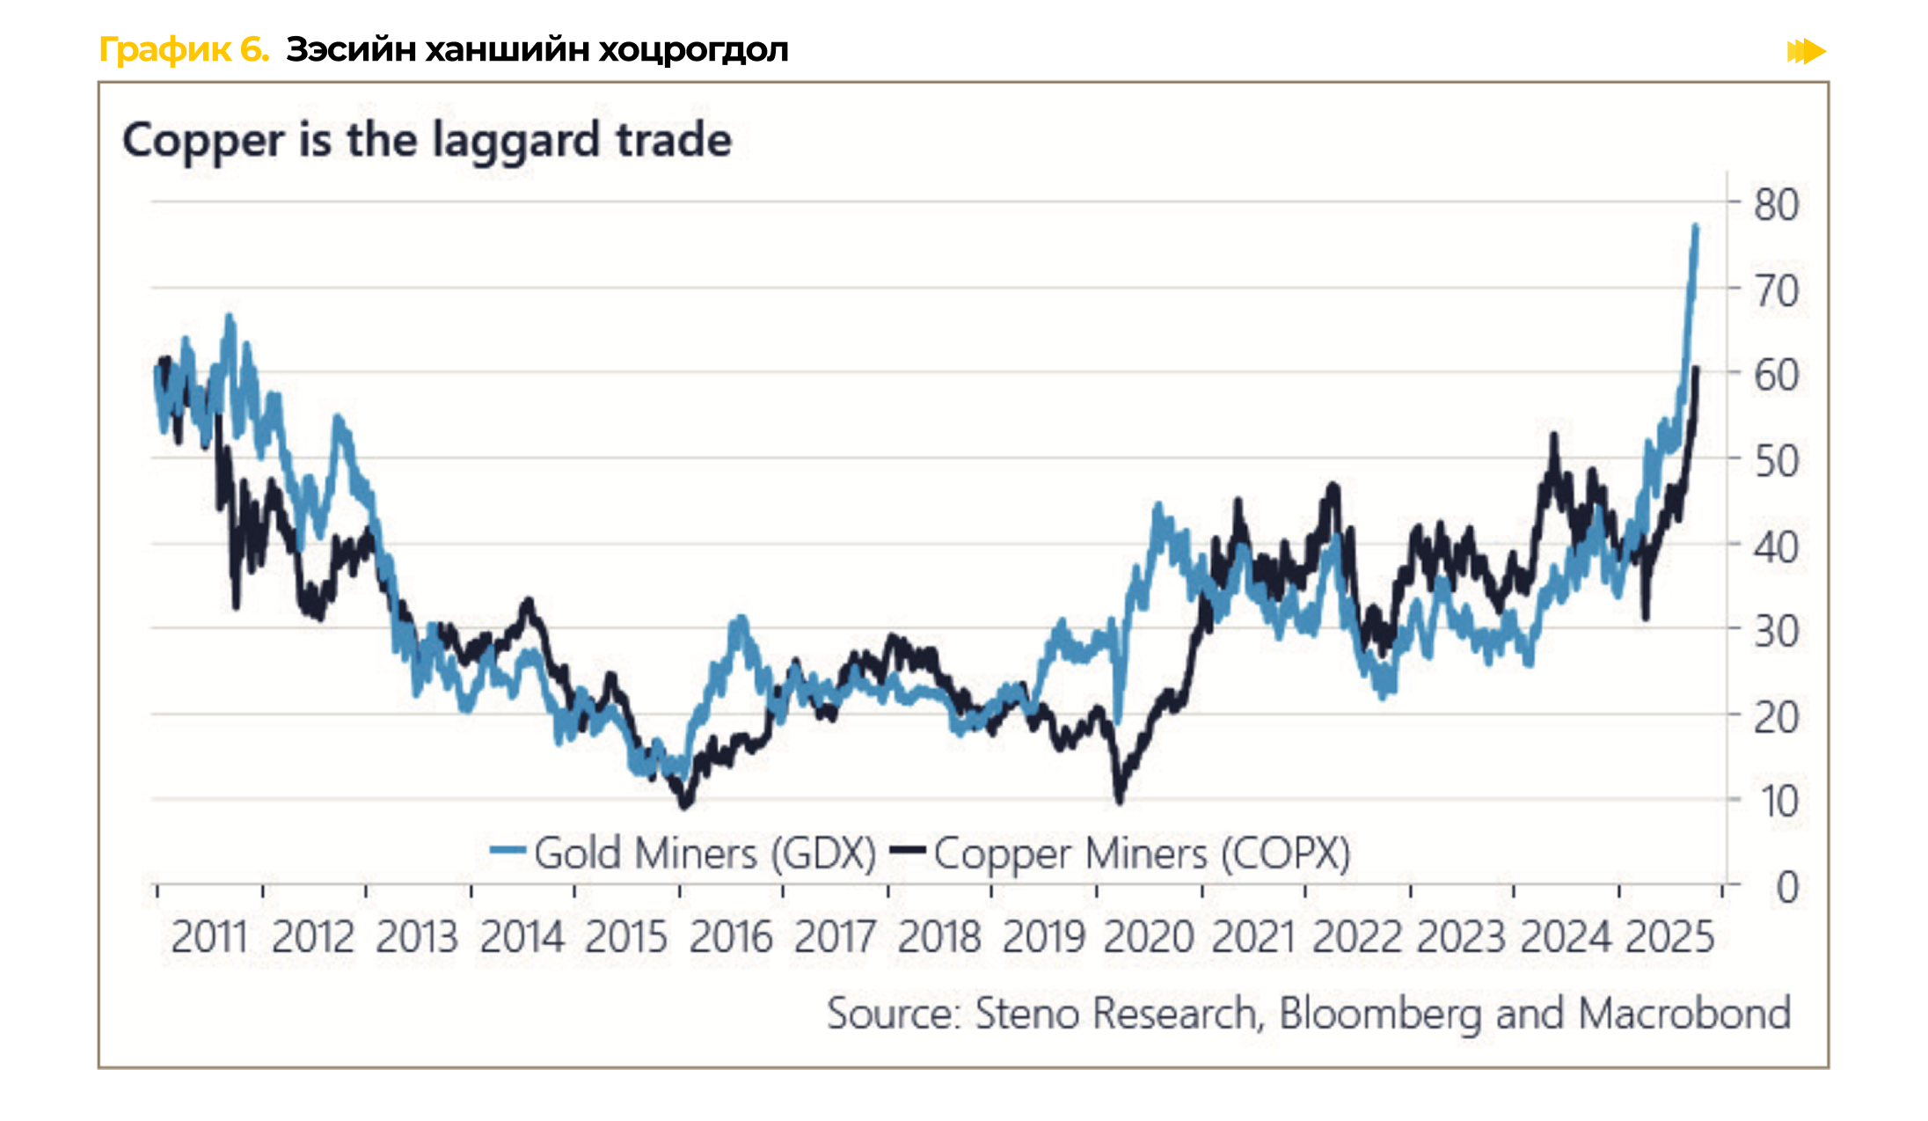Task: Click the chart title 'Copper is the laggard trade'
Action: tap(427, 141)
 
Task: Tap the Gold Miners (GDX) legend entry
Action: tap(684, 853)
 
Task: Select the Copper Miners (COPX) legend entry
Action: tap(1121, 853)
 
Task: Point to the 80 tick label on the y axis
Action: tap(1776, 205)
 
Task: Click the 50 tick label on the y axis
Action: tap(1776, 462)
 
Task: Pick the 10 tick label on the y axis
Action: tap(1778, 802)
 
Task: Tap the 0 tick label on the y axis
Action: tap(1786, 887)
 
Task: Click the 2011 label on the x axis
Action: tap(209, 936)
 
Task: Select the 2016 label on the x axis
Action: tap(730, 936)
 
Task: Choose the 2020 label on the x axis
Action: tap(1148, 936)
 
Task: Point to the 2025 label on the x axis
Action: tap(1669, 936)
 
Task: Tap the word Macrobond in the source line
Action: tap(1683, 1014)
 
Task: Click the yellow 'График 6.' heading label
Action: tap(184, 50)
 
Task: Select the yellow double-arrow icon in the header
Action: tap(1806, 51)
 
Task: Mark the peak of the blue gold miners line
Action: tap(1695, 227)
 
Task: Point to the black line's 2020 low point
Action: tap(1119, 799)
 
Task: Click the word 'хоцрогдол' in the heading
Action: tap(693, 50)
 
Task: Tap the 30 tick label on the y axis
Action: tap(1776, 632)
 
